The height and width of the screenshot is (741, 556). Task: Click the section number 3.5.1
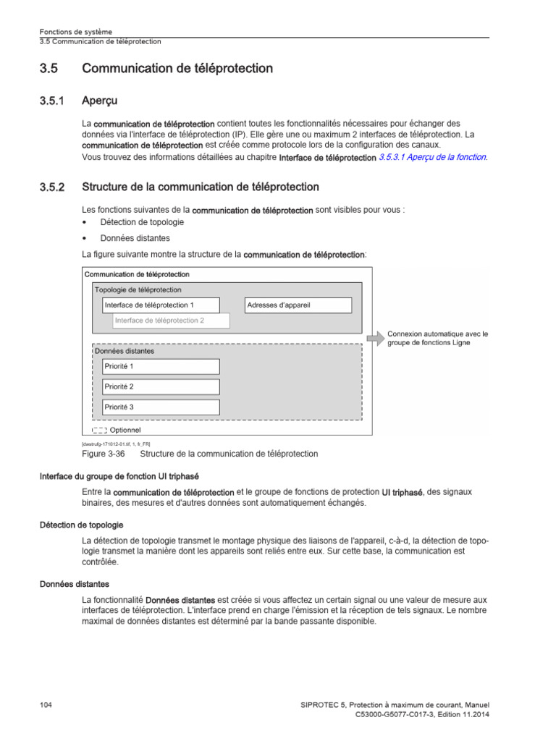click(x=52, y=101)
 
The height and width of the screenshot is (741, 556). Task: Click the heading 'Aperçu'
click(x=100, y=101)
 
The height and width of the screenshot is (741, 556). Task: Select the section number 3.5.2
click(x=52, y=187)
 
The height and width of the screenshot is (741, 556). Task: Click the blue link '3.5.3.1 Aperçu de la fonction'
click(x=433, y=157)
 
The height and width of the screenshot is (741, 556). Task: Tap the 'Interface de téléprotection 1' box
click(x=160, y=305)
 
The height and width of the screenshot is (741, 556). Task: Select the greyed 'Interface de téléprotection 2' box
click(x=171, y=321)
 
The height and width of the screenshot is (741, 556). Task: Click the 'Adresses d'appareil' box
click(x=298, y=305)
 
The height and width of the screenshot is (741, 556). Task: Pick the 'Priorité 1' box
click(x=160, y=366)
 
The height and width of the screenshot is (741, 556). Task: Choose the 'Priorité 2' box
click(x=160, y=386)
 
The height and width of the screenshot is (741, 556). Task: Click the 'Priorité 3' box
click(x=160, y=407)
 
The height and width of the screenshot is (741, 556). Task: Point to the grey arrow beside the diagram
click(x=377, y=338)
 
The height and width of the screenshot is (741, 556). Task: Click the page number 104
click(x=46, y=704)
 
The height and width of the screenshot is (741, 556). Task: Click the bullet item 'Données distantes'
click(x=135, y=238)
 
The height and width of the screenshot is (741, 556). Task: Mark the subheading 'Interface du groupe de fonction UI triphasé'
click(x=119, y=477)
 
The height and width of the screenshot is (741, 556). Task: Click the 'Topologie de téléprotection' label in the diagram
click(x=138, y=289)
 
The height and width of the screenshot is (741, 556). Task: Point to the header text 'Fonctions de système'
click(x=75, y=32)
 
